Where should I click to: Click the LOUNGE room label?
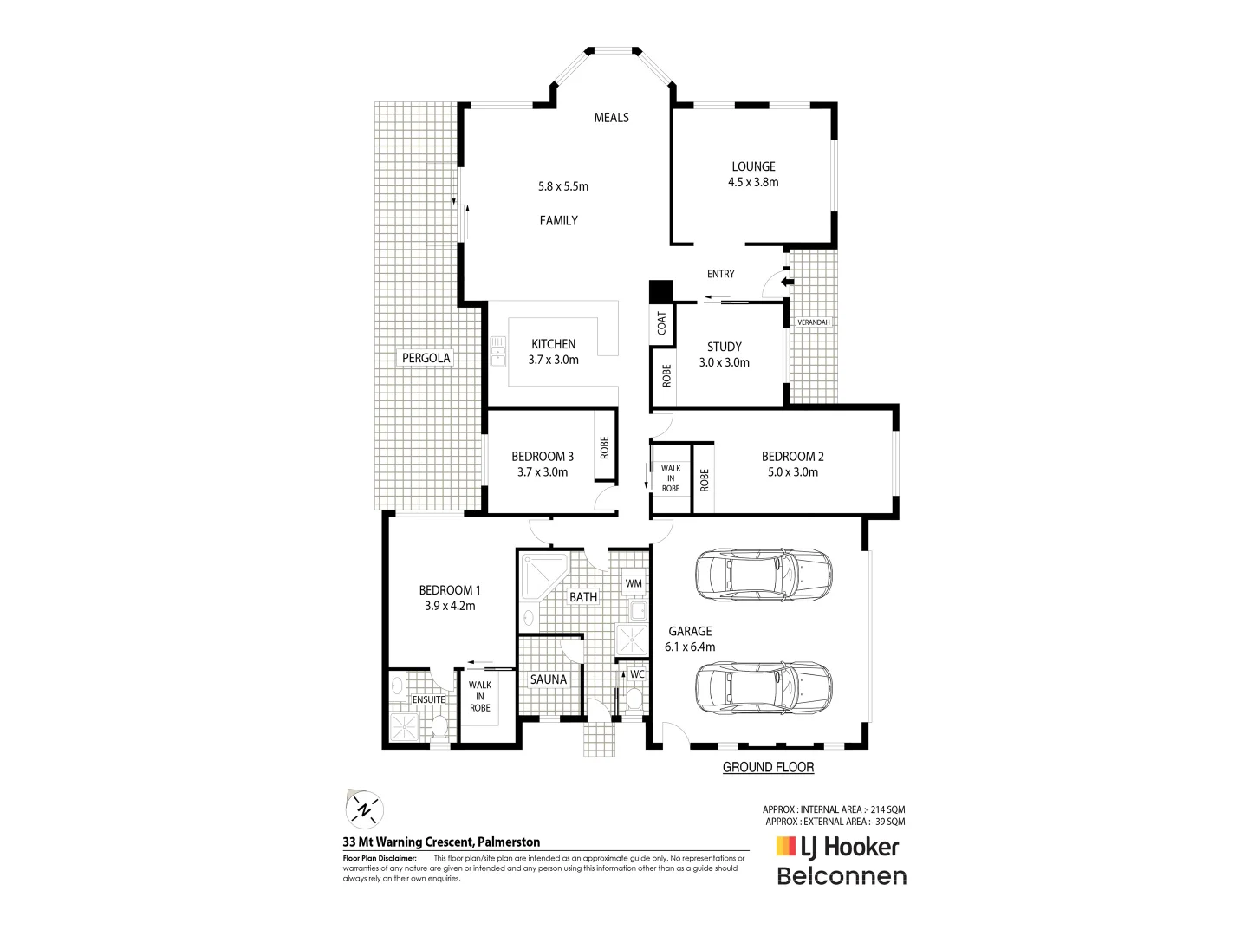click(753, 166)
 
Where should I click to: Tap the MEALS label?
click(611, 117)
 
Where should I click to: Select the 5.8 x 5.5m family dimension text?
click(562, 185)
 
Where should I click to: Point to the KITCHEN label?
click(553, 344)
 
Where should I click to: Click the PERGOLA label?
click(426, 358)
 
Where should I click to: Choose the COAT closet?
click(662, 323)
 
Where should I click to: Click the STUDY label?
click(724, 347)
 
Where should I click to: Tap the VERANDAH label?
click(813, 322)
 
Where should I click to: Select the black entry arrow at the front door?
click(787, 282)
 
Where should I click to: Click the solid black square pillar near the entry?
click(661, 291)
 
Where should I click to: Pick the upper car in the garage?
click(763, 573)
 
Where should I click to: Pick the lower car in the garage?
click(763, 686)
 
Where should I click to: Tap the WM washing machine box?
click(634, 583)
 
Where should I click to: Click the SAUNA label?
click(548, 679)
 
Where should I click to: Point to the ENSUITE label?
click(428, 699)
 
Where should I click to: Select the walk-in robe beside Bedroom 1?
click(479, 696)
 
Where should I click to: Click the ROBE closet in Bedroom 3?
click(605, 447)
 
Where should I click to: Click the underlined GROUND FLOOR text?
click(768, 767)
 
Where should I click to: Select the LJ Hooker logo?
click(836, 847)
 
